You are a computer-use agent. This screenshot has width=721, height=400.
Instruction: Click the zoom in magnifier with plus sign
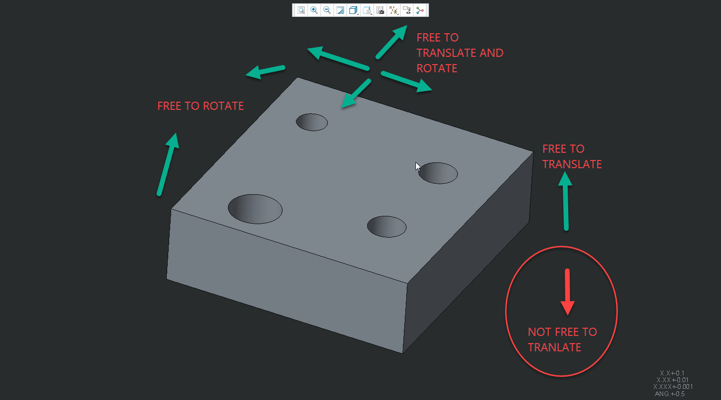click(314, 10)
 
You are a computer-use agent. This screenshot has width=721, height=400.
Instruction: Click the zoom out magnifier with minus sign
click(327, 10)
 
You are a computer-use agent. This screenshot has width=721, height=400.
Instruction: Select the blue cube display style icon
click(353, 10)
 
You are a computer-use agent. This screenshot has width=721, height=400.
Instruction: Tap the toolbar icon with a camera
click(380, 10)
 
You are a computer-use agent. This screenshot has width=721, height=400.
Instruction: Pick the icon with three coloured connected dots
click(420, 10)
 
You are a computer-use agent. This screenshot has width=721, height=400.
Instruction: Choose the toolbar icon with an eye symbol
click(407, 10)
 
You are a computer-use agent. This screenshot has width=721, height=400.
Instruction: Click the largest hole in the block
click(255, 209)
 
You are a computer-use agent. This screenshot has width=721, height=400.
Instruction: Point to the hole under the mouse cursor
click(438, 173)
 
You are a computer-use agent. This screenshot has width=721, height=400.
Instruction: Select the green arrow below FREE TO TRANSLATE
click(565, 201)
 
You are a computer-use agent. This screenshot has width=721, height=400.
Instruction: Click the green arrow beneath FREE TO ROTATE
click(168, 164)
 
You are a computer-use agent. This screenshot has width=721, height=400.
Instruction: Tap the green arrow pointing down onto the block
click(356, 93)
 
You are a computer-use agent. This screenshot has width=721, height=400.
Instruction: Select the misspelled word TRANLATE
click(554, 347)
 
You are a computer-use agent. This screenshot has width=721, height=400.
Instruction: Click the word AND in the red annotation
click(492, 53)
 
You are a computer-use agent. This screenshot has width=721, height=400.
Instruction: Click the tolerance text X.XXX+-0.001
click(673, 387)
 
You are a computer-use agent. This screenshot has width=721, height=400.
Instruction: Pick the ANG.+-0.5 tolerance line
click(670, 394)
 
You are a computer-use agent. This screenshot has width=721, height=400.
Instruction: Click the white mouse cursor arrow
click(418, 166)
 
